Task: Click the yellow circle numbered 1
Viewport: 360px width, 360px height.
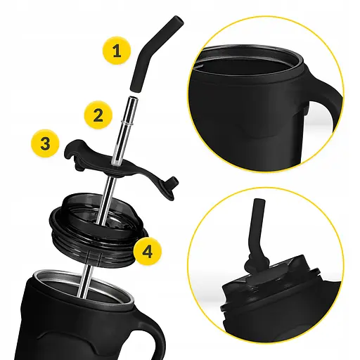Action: point(117,50)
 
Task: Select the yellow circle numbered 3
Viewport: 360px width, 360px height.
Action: point(45,143)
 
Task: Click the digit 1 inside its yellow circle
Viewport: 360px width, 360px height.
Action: point(117,50)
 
